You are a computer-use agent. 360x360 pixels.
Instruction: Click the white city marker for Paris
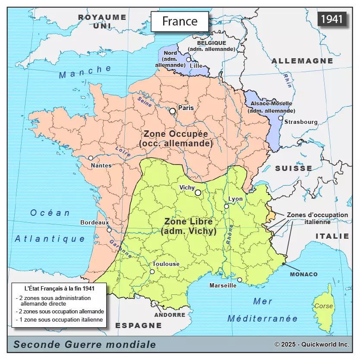coord(173,111)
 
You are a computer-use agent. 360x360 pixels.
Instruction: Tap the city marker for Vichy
coord(198,193)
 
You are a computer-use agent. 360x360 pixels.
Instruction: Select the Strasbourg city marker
coord(281,118)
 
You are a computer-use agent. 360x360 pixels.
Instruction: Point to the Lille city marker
coord(188,60)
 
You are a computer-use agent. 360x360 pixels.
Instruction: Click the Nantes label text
coord(101,165)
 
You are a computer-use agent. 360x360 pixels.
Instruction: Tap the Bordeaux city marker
coord(109,230)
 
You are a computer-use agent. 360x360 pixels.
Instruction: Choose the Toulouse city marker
coord(152,272)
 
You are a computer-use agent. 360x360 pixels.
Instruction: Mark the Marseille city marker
coord(240,280)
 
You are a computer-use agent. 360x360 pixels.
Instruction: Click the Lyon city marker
coord(226,206)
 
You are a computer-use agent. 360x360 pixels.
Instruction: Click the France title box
coord(180,21)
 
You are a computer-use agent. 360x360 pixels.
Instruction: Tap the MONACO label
coord(303,274)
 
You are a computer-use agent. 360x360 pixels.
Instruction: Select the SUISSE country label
coord(294,168)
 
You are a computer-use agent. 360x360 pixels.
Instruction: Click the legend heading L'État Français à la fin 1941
coord(60,288)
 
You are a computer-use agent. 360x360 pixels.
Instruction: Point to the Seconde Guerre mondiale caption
coord(85,344)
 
